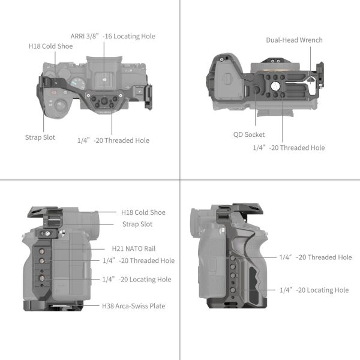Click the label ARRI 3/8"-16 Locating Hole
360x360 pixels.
tap(120, 36)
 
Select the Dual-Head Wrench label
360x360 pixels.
tap(294, 40)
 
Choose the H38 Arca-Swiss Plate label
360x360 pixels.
tap(133, 306)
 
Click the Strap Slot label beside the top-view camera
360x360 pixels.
tap(40, 137)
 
